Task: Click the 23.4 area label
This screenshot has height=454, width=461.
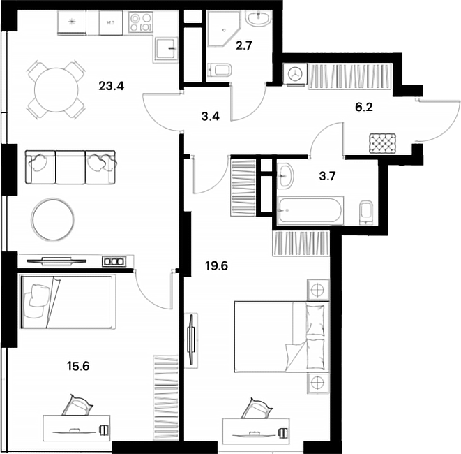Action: [x=111, y=87]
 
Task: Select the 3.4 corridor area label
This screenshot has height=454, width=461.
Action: [x=210, y=116]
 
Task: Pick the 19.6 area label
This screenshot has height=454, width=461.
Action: [x=216, y=265]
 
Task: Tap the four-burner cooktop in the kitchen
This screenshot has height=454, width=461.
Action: [x=139, y=24]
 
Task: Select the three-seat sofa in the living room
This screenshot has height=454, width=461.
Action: [x=70, y=168]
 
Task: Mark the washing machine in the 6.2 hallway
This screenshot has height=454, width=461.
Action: [x=294, y=74]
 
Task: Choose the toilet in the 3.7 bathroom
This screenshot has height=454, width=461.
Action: [x=365, y=212]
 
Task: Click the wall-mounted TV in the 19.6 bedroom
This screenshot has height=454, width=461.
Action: [x=192, y=339]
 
